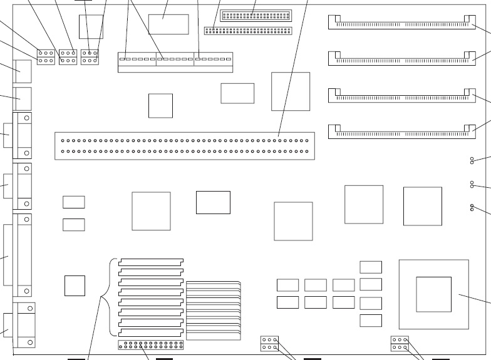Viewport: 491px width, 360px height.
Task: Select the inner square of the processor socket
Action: click(433, 294)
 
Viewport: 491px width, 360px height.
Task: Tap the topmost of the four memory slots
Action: click(401, 23)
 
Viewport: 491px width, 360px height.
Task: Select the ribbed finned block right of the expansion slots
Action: click(213, 311)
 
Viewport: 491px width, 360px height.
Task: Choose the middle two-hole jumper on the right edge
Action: click(472, 184)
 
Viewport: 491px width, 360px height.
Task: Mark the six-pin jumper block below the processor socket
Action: click(400, 344)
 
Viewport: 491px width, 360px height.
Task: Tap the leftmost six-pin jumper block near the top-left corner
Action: click(46, 57)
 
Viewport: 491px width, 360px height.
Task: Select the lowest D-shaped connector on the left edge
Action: click(22, 325)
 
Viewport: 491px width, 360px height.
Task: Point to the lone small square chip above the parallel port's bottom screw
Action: click(75, 285)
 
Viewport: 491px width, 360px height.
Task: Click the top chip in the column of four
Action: click(371, 267)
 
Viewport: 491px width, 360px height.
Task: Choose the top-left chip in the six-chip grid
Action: click(287, 285)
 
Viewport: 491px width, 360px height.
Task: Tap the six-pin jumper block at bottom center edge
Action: click(269, 344)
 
